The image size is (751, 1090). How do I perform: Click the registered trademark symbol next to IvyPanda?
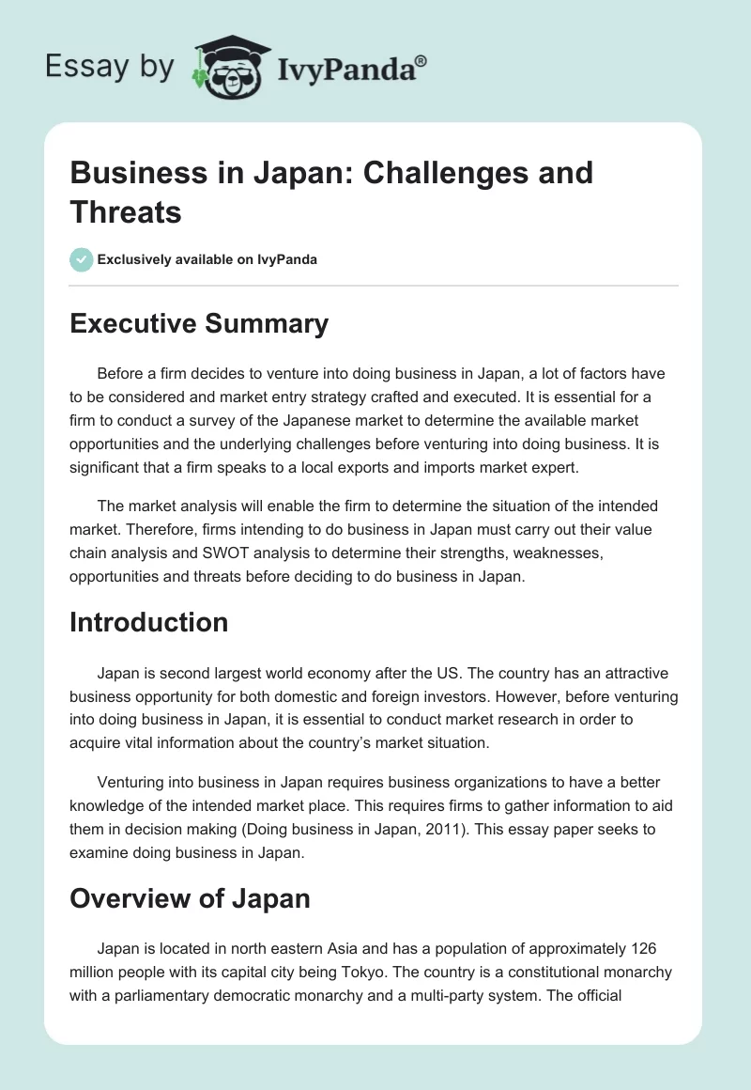tap(421, 61)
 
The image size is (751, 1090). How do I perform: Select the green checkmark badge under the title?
tap(82, 259)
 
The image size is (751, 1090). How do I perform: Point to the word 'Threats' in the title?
tap(125, 212)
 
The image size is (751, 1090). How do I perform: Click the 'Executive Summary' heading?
tap(199, 324)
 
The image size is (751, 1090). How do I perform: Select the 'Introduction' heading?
tap(149, 622)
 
